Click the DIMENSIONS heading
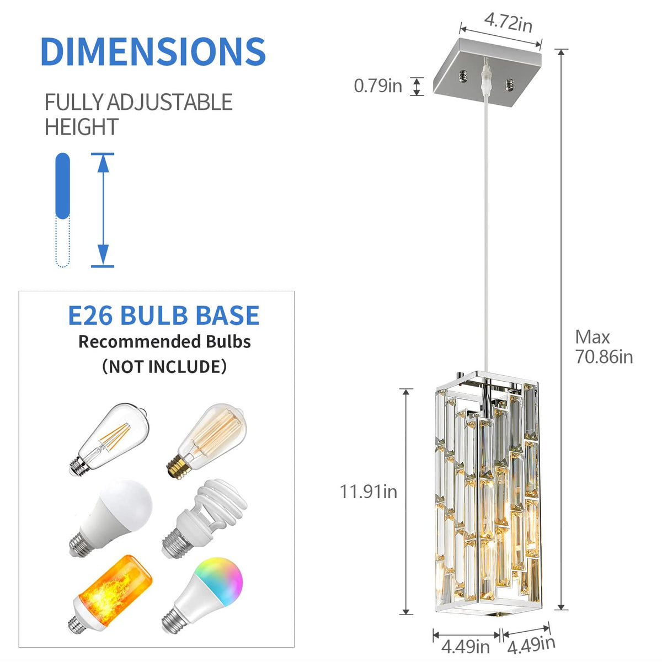[x=153, y=51]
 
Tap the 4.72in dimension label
[x=508, y=23]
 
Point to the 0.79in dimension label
[x=378, y=86]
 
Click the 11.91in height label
[x=368, y=492]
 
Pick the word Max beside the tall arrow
[x=592, y=337]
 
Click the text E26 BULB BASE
[x=163, y=316]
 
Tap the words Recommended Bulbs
[x=164, y=342]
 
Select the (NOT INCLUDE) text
[x=164, y=366]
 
